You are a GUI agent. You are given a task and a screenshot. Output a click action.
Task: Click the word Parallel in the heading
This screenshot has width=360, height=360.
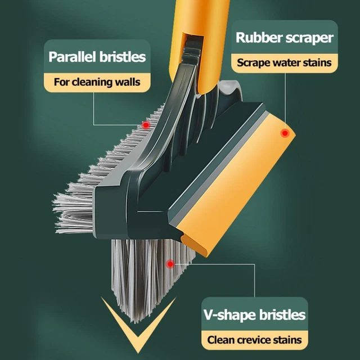pyautogui.click(x=72, y=57)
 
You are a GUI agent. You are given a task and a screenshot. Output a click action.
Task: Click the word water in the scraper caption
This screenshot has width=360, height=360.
pyautogui.click(x=286, y=62)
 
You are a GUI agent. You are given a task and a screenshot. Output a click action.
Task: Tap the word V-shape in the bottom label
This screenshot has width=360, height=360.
pyautogui.click(x=230, y=314)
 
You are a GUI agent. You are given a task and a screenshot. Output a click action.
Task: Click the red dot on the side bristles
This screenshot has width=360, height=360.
pyautogui.click(x=146, y=125)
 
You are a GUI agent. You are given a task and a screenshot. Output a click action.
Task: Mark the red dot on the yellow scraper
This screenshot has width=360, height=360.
pyautogui.click(x=285, y=133)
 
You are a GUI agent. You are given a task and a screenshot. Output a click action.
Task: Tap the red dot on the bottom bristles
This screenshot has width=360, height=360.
pyautogui.click(x=170, y=264)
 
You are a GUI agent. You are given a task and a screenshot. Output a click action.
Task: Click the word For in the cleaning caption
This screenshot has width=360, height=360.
pyautogui.click(x=61, y=82)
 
